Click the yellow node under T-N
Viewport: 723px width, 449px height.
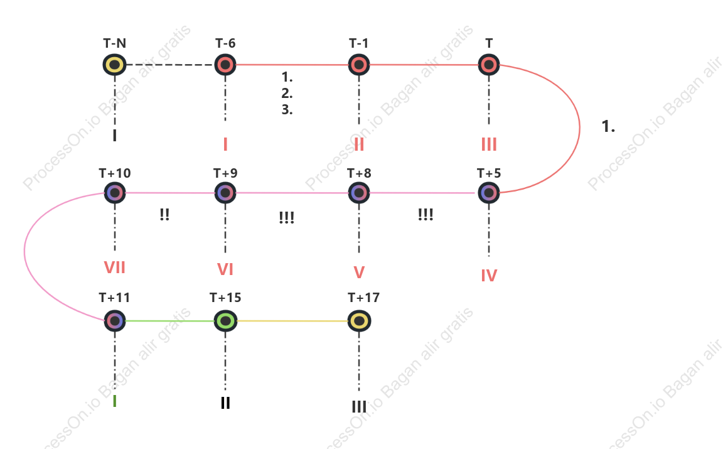click(x=114, y=65)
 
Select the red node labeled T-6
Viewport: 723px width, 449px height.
click(x=225, y=65)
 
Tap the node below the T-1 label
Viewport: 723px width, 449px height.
click(x=359, y=65)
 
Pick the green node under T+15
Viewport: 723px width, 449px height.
click(x=225, y=321)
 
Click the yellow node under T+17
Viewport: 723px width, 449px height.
click(x=359, y=321)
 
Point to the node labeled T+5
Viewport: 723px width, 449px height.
click(x=489, y=193)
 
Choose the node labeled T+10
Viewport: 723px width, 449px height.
click(x=114, y=193)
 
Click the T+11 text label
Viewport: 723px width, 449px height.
click(x=114, y=298)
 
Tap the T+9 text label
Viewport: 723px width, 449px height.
click(x=225, y=173)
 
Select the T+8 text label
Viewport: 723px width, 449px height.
click(x=359, y=173)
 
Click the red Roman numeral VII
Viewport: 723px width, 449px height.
click(x=114, y=268)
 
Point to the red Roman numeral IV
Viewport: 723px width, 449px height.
click(x=489, y=276)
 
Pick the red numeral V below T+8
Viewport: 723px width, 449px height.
click(x=359, y=273)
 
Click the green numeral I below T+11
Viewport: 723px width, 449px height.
click(x=114, y=401)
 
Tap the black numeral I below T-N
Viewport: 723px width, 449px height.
click(x=114, y=135)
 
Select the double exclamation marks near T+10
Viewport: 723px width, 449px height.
click(x=164, y=215)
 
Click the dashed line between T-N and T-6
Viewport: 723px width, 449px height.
click(x=169, y=65)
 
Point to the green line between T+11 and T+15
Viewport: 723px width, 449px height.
click(x=169, y=321)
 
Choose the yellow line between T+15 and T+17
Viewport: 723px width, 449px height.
click(x=292, y=321)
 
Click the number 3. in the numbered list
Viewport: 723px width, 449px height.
click(x=287, y=110)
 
